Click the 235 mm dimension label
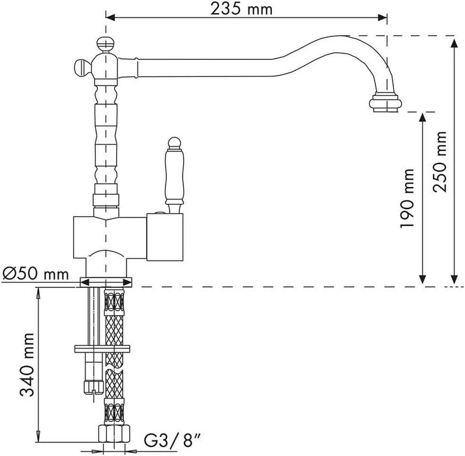coord(241,9)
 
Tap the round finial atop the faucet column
coord(104,44)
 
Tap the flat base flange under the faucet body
coord(106,282)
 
